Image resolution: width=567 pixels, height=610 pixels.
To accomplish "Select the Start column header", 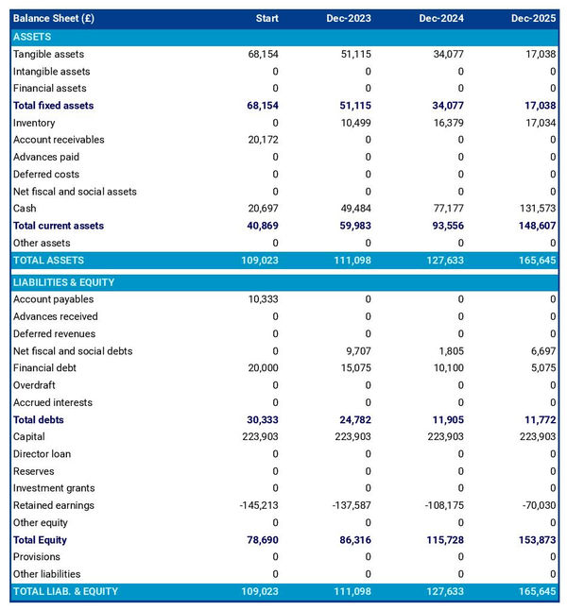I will tap(266, 19).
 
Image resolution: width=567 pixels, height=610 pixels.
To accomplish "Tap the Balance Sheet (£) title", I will tap(54, 19).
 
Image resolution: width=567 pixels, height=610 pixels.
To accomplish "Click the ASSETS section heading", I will tap(32, 37).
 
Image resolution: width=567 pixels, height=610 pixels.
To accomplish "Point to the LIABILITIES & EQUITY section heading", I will tap(63, 282).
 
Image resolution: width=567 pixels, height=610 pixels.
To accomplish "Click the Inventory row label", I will tap(34, 123).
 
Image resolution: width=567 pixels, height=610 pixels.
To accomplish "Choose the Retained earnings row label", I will tap(53, 505).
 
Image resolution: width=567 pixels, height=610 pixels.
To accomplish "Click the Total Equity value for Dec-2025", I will tap(536, 540).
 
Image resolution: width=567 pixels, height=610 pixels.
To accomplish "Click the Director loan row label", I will tap(42, 454).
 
